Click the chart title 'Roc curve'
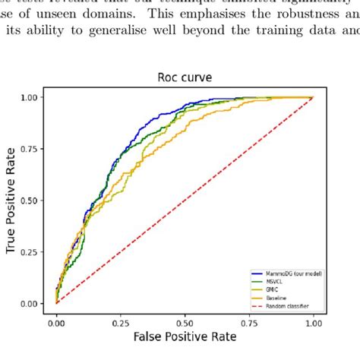(x=184, y=77)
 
